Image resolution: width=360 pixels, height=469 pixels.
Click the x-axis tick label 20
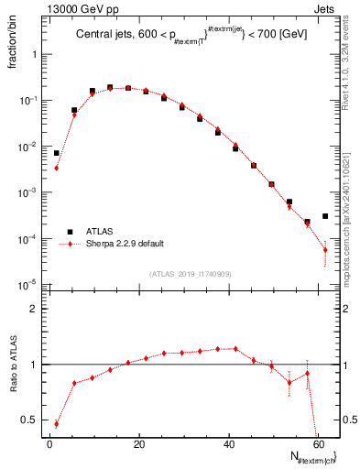138,443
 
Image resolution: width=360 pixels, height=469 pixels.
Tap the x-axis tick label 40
227,443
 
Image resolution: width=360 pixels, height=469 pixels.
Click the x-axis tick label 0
49,443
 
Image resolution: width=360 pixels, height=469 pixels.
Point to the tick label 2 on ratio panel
35,309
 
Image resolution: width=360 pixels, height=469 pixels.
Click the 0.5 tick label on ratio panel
30,420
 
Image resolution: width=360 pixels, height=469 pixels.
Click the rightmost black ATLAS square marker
325,216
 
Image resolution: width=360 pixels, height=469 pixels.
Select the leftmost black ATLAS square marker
57,153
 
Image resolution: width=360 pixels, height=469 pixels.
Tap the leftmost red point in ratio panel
57,424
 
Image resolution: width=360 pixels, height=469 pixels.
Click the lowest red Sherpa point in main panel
325,250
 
